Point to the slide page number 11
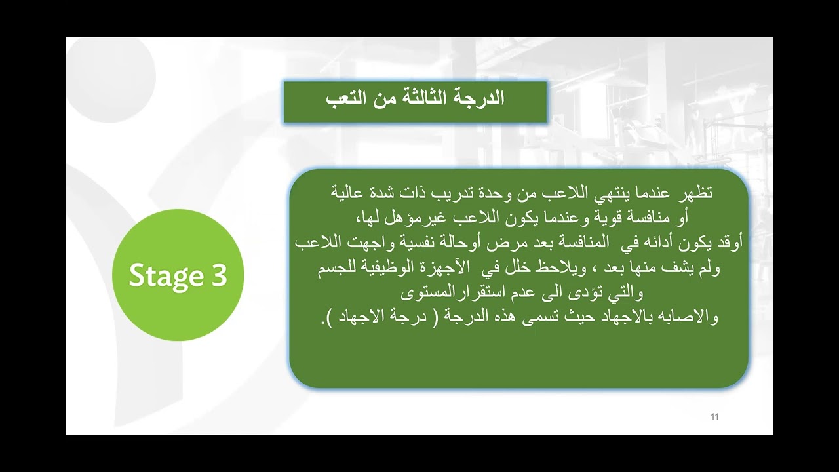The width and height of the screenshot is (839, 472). coord(714,417)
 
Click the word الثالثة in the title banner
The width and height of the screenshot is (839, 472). coord(418,100)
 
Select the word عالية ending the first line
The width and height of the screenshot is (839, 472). coord(348,194)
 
